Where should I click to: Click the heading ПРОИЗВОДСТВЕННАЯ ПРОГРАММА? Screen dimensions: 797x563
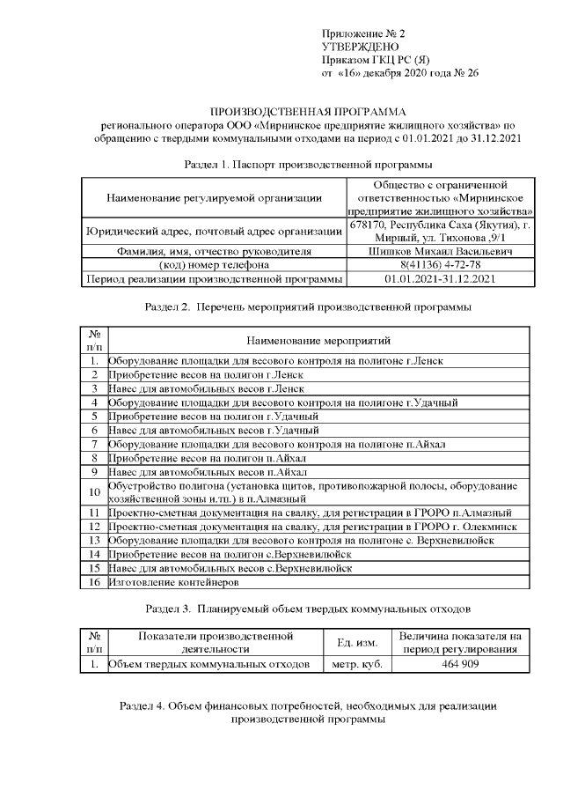[x=308, y=113]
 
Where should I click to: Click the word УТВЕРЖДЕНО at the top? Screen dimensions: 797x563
[x=360, y=46]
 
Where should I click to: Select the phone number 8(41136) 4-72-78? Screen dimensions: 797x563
[x=441, y=265]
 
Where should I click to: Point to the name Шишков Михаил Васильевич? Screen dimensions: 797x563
[x=441, y=251]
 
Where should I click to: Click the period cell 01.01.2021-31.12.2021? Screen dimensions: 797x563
[x=441, y=279]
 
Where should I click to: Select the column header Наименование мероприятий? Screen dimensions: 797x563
[x=318, y=340]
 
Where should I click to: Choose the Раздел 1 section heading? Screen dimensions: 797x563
[x=308, y=165]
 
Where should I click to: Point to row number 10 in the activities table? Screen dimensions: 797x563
[x=94, y=491]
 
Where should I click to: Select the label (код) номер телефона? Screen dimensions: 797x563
[x=214, y=265]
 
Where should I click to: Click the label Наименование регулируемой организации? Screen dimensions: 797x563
[x=214, y=200]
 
